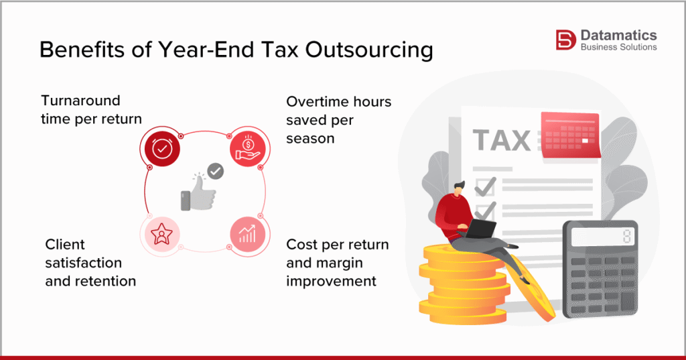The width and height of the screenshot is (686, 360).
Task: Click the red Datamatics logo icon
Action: click(565, 40)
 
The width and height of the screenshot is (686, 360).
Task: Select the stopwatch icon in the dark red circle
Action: click(161, 149)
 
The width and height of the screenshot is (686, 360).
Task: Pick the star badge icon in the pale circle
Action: click(161, 235)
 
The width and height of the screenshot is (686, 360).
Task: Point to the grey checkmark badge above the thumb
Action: click(215, 172)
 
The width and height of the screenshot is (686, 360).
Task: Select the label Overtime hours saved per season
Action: click(338, 119)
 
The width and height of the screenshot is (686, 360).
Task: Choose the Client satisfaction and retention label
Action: click(90, 262)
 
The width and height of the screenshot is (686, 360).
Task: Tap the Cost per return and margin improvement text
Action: click(338, 262)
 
